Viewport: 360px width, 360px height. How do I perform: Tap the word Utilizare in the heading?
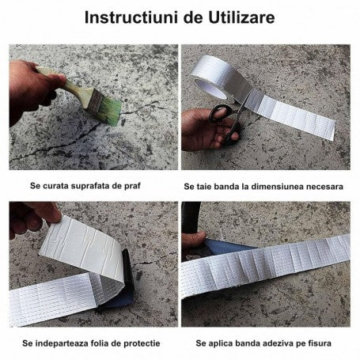241,17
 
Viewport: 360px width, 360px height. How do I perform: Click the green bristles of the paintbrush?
110,111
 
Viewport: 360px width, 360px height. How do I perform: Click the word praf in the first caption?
132,186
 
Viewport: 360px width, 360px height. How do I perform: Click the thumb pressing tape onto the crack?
194,239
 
